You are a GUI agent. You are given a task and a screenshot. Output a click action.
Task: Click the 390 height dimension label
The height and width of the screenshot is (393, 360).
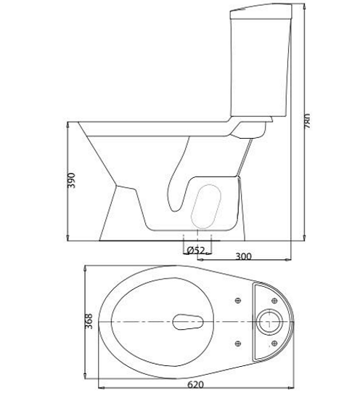pos(71,181)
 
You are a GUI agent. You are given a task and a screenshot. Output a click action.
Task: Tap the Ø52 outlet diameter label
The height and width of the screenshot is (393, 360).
pos(195,250)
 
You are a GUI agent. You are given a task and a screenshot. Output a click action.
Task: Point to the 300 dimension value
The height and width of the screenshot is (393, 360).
pos(245,256)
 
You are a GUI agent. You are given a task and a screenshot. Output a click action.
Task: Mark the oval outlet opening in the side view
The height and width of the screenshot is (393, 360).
pos(208,206)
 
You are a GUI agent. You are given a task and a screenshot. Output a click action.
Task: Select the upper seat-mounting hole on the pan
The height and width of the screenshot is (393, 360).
pos(238,299)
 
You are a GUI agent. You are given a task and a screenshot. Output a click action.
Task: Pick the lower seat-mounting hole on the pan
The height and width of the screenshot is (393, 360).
pos(238,343)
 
